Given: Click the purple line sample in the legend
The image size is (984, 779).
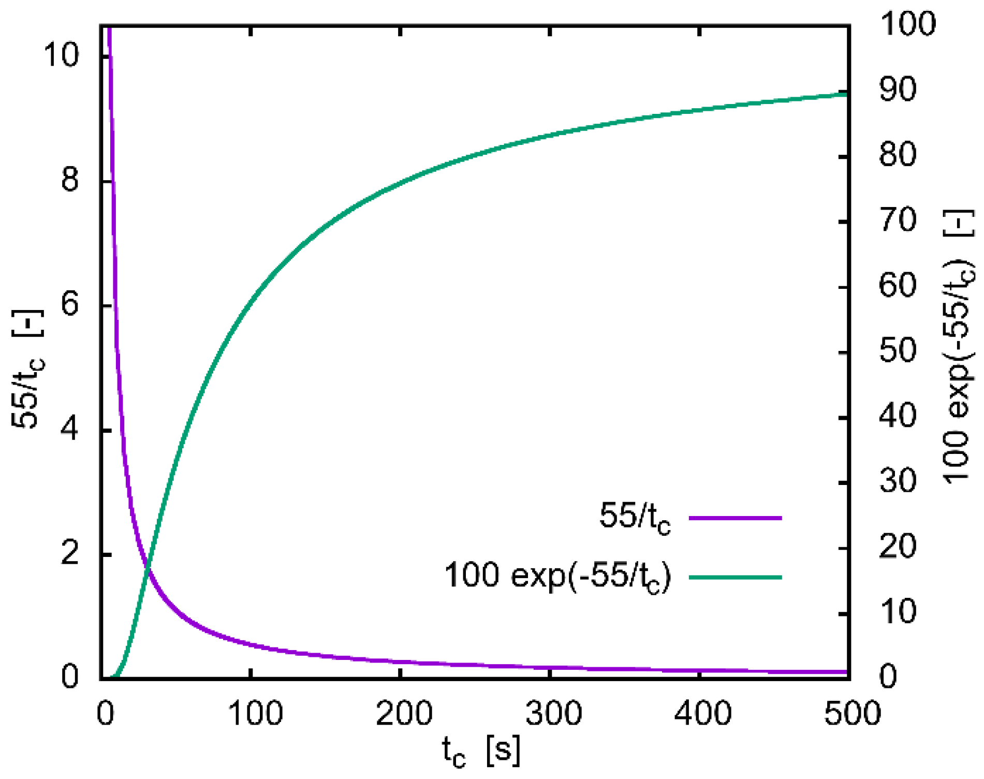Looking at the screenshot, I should tap(735, 518).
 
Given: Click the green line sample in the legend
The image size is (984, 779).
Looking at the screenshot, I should tap(735, 577).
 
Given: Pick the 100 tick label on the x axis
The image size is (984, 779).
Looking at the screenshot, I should tap(255, 713).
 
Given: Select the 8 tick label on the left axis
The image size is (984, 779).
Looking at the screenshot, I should tap(70, 180).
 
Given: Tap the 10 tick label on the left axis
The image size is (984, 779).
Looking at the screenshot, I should tap(61, 55).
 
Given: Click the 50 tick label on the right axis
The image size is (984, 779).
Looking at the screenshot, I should tap(898, 351).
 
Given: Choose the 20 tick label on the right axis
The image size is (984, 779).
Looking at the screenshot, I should tap(898, 547).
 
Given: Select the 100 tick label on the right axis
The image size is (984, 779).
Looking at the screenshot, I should tap(907, 24).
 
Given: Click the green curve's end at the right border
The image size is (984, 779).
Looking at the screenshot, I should tap(847, 94).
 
